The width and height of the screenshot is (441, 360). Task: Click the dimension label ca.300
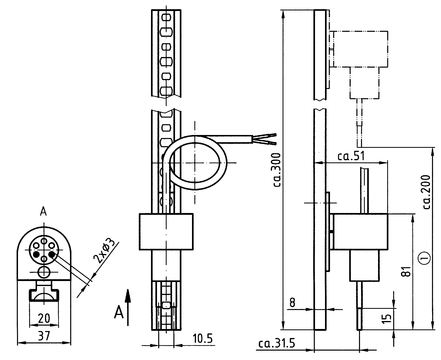coord(277,170)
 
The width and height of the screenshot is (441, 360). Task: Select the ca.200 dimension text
coord(426,192)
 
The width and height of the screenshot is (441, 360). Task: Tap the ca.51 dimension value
coord(351,156)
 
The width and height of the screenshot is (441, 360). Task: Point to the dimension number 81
coord(406,271)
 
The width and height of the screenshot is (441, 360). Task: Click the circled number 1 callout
coord(424,257)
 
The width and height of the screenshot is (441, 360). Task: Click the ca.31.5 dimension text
coord(276,343)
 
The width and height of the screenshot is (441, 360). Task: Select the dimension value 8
coord(292,302)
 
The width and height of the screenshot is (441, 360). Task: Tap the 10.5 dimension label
coord(202,339)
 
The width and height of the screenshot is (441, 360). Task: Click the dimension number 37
coord(44,335)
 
